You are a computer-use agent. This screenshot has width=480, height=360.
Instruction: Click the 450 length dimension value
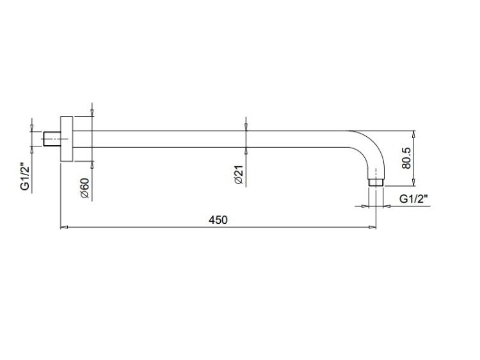[x=218, y=219]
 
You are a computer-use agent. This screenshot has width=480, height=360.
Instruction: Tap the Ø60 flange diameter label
[x=84, y=188]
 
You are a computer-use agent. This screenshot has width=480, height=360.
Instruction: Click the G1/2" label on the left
[x=25, y=178]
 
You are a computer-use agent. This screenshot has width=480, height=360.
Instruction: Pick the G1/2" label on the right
[x=413, y=199]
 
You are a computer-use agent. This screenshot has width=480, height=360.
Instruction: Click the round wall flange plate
[x=67, y=139]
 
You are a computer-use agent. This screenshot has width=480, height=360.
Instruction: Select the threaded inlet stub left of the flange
[x=52, y=139]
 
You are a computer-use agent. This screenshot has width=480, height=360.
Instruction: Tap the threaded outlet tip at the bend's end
[x=376, y=182]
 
